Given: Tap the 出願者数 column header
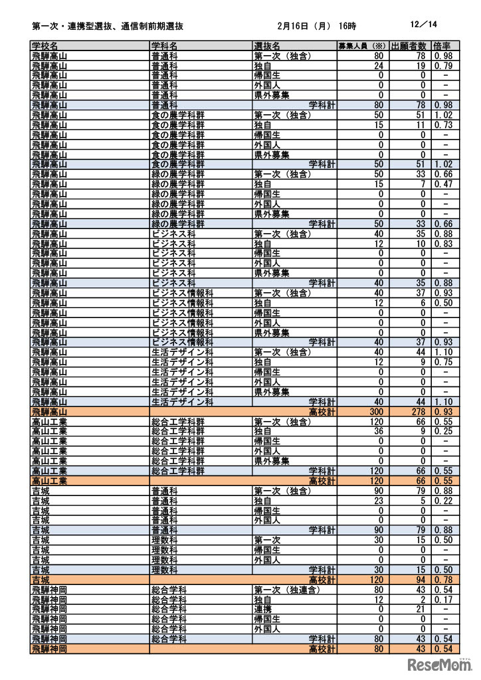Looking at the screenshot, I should (409, 46).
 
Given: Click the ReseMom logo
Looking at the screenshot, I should (438, 664).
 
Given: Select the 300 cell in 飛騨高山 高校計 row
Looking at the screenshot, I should (375, 412).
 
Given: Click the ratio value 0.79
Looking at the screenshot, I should (442, 66).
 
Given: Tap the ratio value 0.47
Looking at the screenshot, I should (442, 184).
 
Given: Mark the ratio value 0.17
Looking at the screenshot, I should (442, 600).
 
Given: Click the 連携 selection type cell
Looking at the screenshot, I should (262, 609).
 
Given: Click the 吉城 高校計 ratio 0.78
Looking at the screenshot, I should (442, 580).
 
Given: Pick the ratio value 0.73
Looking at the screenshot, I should (442, 125).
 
